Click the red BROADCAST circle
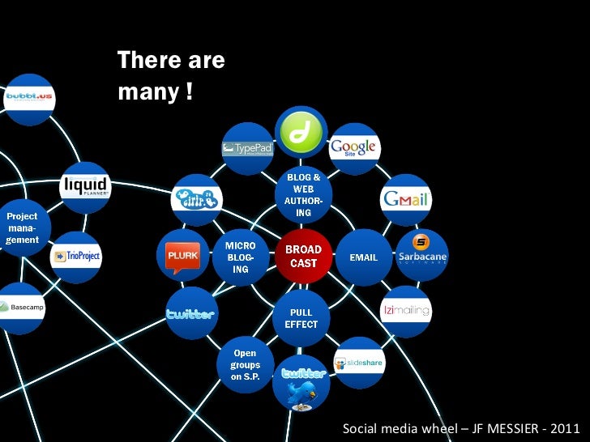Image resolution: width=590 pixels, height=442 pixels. click(304, 256)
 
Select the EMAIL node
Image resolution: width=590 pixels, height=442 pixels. click(363, 257)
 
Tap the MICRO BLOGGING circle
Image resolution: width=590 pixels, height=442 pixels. click(241, 257)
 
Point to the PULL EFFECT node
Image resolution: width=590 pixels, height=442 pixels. click(301, 318)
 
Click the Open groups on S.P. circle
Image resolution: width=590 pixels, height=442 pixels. click(245, 365)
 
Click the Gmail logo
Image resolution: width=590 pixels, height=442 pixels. click(406, 198)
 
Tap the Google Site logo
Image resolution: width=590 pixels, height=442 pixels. click(353, 148)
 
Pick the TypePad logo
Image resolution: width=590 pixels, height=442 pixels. click(248, 148)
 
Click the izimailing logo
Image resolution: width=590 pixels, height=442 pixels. click(406, 310)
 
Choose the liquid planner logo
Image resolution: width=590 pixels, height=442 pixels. click(85, 188)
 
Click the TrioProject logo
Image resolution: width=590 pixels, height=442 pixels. click(75, 257)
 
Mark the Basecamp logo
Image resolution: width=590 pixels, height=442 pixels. click(20, 308)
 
